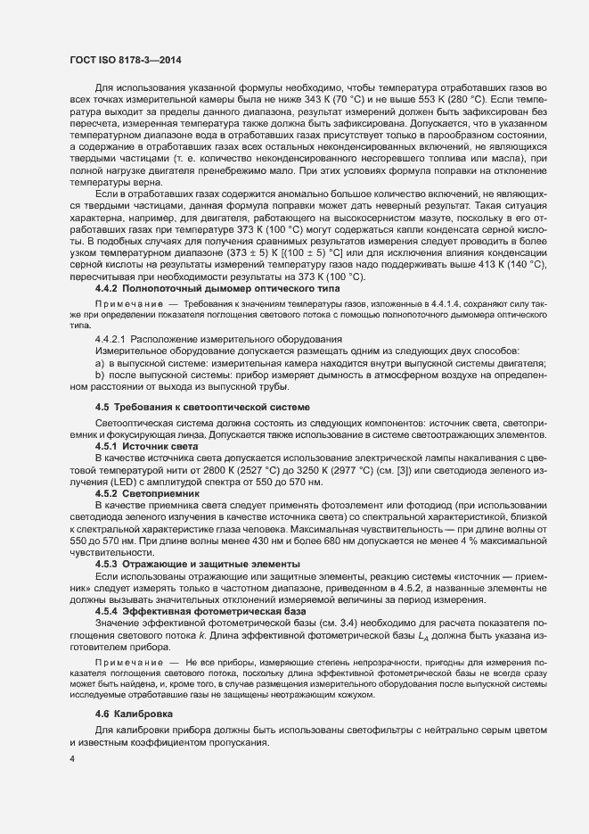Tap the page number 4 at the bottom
[x=72, y=759]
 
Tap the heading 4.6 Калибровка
[x=139, y=715]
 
